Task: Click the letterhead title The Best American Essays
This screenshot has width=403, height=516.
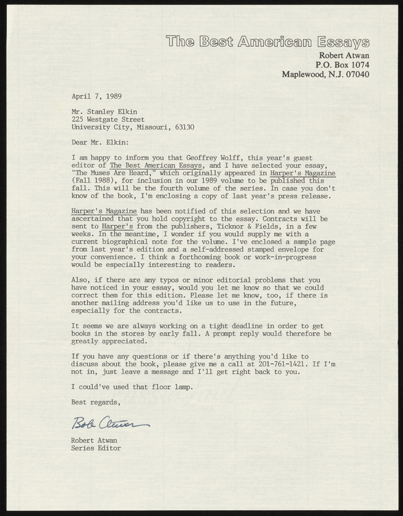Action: point(268,43)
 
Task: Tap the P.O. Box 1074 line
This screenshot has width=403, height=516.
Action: point(342,64)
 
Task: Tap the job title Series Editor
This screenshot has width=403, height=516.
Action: point(96,448)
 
